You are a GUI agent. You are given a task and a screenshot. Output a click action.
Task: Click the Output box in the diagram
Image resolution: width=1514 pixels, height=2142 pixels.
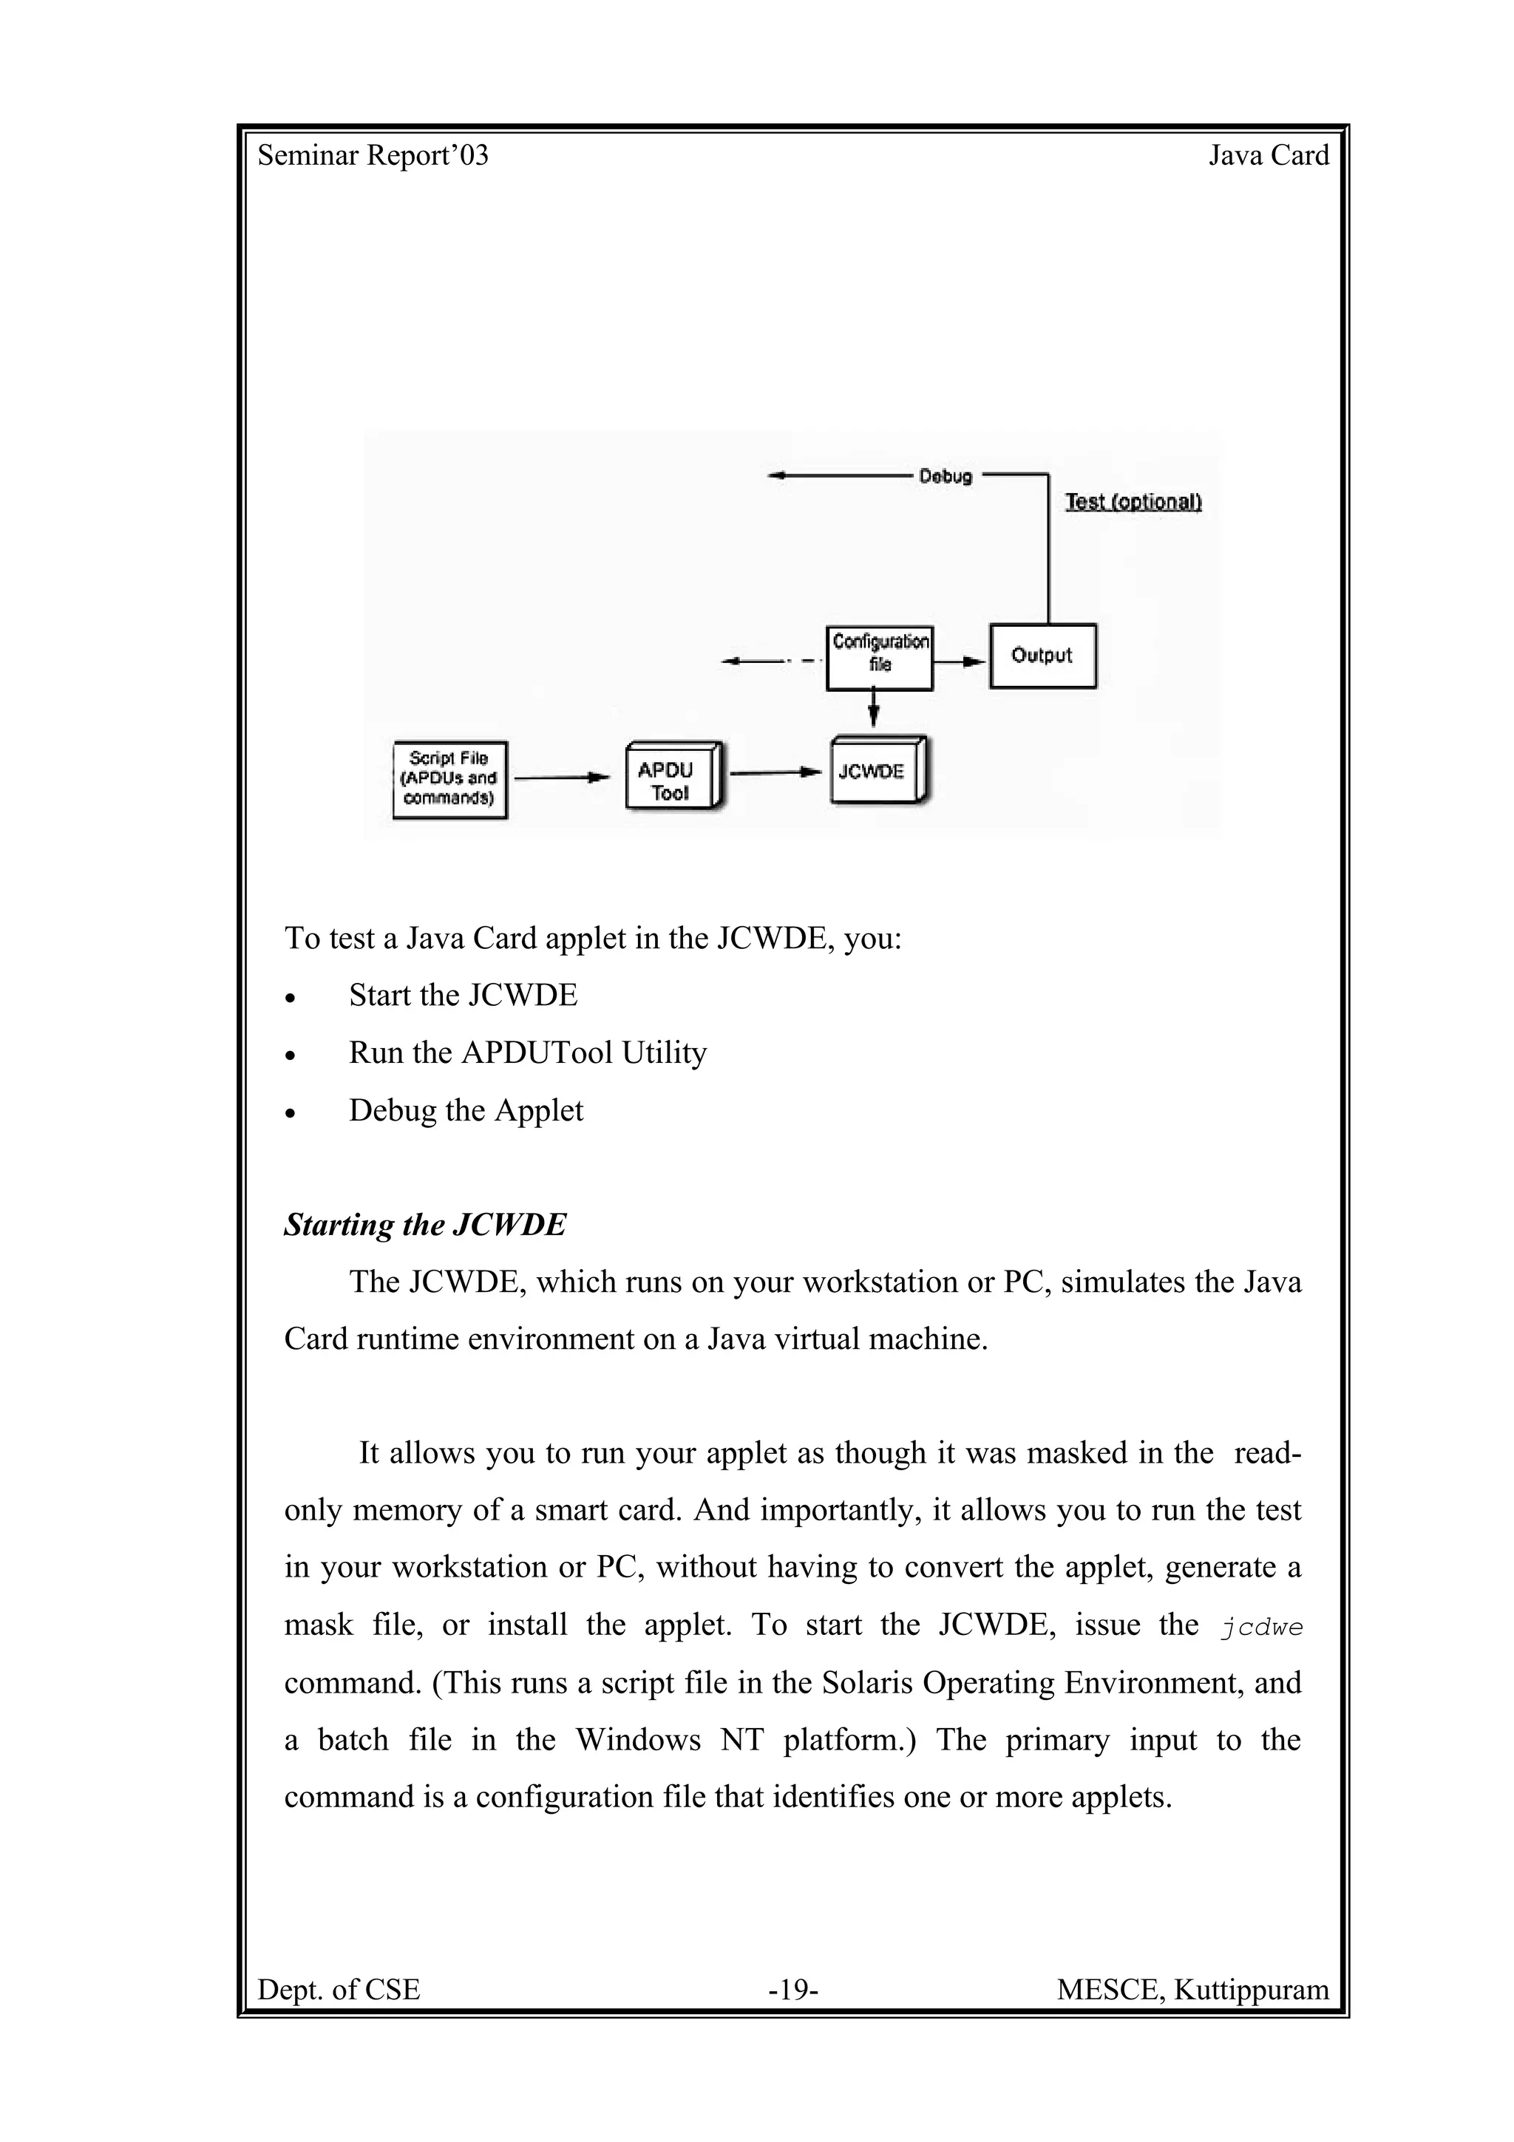1042,656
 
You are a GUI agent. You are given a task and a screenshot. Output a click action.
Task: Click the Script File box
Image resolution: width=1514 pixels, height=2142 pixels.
449,779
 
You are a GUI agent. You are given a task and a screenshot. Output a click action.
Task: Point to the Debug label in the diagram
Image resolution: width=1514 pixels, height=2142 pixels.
945,476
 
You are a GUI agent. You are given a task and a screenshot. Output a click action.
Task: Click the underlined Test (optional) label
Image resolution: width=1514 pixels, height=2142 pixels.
1133,502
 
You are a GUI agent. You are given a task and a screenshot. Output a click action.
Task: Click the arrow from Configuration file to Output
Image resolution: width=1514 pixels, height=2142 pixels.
960,662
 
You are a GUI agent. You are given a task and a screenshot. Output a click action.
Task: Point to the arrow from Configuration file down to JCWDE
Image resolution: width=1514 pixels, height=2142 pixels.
873,708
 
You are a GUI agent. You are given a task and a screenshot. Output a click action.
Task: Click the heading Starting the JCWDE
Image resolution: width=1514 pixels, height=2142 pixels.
424,1225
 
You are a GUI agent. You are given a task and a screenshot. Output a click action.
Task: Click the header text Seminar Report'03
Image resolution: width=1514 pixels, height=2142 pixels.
373,156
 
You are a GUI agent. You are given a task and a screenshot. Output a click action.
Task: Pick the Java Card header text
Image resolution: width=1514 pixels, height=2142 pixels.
1269,155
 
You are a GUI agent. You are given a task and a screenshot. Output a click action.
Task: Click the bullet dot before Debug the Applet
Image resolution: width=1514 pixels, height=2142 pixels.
291,1114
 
